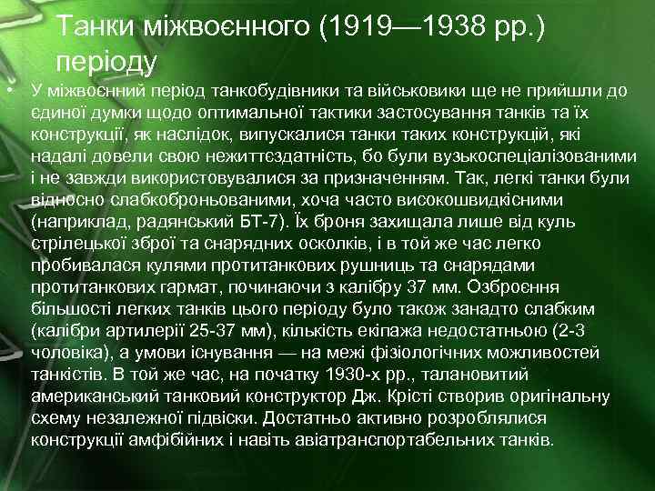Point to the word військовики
click(426, 92)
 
